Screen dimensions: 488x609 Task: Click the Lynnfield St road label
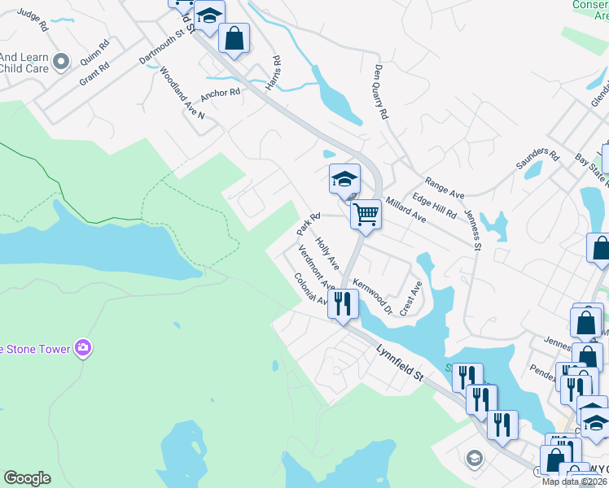(401, 364)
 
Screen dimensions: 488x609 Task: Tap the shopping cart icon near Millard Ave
(366, 215)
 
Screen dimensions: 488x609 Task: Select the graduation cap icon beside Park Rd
(344, 179)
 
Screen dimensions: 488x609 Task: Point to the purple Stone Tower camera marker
(82, 348)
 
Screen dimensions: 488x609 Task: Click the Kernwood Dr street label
(373, 297)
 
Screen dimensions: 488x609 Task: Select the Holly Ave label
(328, 252)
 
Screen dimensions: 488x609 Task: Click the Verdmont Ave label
(316, 266)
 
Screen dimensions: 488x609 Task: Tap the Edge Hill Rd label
(434, 204)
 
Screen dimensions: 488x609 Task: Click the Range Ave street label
(444, 190)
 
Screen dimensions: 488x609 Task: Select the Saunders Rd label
(538, 159)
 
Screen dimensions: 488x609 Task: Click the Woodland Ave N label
(182, 93)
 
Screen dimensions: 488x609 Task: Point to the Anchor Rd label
(221, 93)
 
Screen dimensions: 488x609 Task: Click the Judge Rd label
(33, 20)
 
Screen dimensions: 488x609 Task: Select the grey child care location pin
(60, 62)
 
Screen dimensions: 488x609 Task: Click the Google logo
(27, 478)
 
